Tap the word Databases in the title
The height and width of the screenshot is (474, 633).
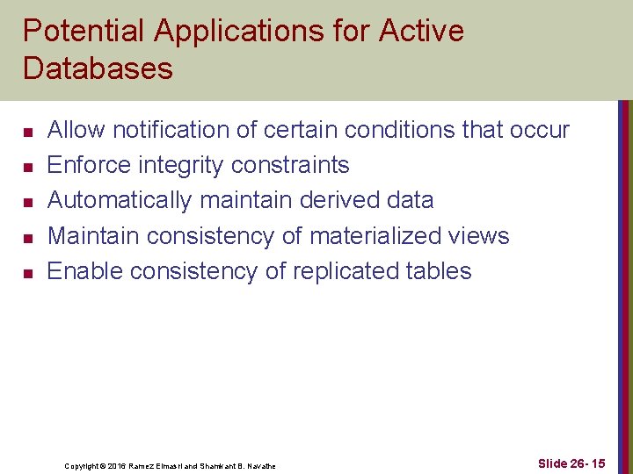[x=98, y=68]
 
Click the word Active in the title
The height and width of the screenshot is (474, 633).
[x=421, y=32]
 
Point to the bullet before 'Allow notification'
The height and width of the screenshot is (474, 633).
[x=28, y=133]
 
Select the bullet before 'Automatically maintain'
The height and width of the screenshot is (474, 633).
[x=28, y=203]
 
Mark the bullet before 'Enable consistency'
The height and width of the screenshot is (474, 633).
[x=28, y=274]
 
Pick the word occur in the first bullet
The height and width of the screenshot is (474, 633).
[x=539, y=131]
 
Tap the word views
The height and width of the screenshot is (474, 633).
[x=478, y=236]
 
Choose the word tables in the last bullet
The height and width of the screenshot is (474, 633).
[x=440, y=271]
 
